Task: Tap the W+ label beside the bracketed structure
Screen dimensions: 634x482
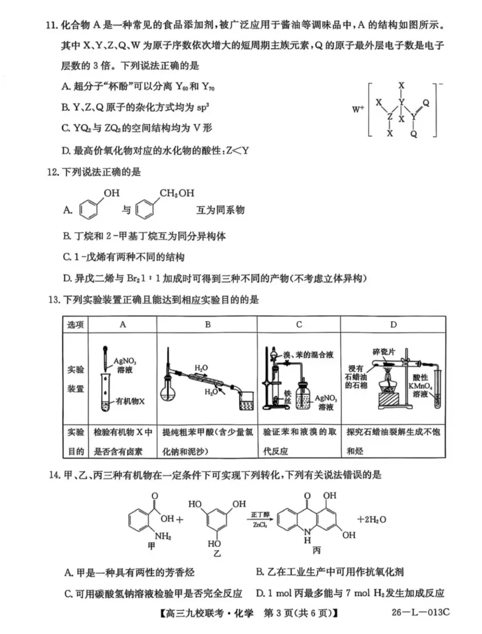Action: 358,110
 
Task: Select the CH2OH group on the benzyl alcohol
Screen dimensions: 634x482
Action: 177,193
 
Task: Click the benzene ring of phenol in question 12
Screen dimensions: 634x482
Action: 89,210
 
